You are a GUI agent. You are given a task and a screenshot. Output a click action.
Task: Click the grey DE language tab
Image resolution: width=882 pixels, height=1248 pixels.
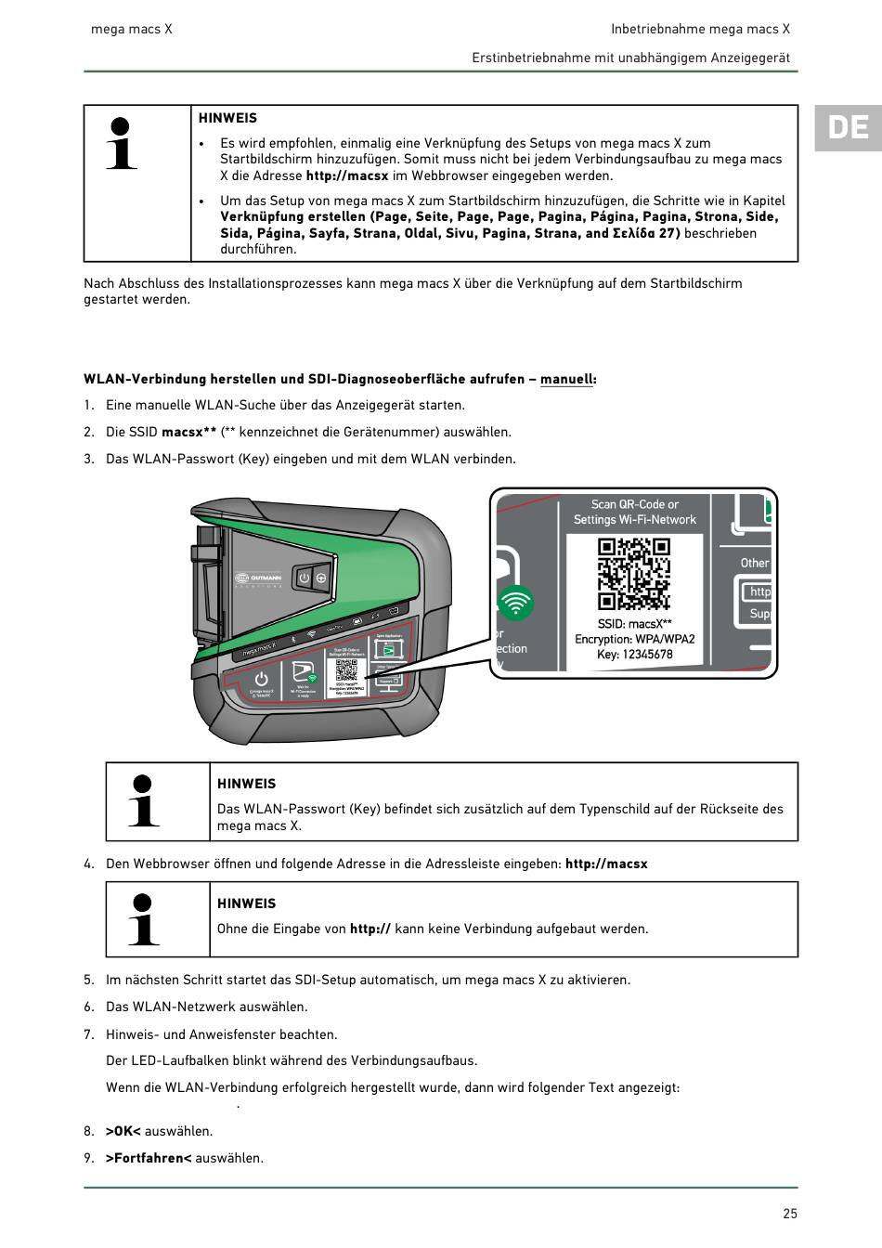point(848,127)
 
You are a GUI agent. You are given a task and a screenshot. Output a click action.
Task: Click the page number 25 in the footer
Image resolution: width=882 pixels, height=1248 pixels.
point(790,1213)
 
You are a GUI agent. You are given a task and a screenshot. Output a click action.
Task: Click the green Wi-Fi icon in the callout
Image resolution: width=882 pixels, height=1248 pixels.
point(515,604)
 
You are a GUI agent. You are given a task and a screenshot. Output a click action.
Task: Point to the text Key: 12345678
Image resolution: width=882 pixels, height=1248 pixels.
point(634,655)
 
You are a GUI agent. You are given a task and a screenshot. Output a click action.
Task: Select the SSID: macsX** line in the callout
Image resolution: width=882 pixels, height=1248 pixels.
point(634,624)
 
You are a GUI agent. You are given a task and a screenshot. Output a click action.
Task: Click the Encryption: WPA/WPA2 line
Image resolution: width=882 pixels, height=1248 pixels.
point(634,639)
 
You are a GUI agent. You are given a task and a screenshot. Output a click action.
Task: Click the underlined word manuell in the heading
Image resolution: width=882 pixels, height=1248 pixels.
point(566,379)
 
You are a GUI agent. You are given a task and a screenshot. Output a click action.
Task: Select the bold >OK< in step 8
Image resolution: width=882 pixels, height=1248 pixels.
point(123,1131)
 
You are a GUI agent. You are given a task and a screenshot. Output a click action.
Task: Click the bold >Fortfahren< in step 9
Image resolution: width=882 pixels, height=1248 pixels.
point(149,1158)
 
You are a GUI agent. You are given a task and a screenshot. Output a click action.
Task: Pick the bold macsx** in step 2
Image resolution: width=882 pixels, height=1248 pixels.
point(188,432)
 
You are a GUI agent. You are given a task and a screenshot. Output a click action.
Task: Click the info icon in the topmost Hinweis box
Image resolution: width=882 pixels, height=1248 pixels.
point(121,144)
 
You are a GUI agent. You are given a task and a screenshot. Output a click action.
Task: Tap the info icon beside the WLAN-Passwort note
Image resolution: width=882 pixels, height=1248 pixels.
point(143,800)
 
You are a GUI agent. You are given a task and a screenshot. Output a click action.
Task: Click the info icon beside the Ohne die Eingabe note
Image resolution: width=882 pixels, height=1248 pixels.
point(143,919)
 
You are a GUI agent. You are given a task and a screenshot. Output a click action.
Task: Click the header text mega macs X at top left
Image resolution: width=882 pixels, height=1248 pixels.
point(131,29)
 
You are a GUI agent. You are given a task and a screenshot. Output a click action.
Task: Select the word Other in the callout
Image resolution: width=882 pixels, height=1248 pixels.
point(755,563)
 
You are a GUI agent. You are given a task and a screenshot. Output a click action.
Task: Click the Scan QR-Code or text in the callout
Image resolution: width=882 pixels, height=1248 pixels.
point(634,504)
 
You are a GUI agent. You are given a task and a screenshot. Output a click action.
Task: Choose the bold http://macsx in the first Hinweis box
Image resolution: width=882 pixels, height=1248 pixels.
point(347,175)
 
